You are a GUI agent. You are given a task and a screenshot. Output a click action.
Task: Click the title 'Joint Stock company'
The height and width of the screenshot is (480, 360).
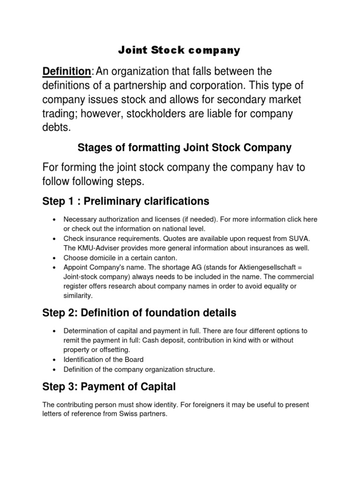(x=178, y=50)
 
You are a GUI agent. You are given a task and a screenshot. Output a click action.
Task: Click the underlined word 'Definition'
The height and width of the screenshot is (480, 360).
(x=67, y=71)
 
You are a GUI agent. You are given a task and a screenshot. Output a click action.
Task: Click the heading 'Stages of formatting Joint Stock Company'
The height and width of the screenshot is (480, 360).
(x=184, y=148)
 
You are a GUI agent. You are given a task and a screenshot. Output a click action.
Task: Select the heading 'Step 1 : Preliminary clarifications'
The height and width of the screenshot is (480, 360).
(x=126, y=202)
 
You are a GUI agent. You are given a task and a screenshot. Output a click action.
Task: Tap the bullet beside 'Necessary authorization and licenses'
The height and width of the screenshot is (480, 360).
(x=56, y=219)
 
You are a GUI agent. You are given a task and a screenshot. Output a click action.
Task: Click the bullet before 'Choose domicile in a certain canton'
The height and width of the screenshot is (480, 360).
(x=56, y=258)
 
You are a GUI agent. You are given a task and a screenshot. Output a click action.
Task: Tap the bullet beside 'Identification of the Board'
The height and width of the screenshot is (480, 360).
(x=56, y=360)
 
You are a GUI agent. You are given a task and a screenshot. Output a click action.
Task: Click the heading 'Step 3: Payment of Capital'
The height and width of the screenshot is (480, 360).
(x=109, y=387)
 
